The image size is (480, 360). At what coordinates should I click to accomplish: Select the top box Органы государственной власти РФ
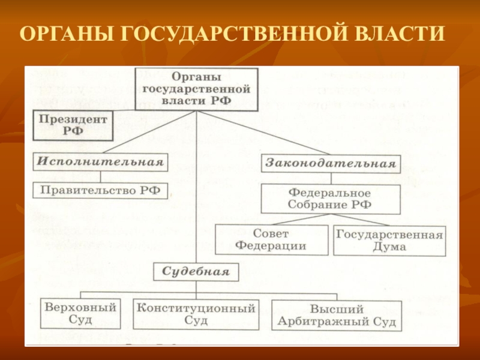pos(196,89)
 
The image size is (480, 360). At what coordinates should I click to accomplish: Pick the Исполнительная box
pos(100,162)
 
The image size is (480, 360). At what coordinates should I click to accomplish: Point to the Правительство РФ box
pos(100,191)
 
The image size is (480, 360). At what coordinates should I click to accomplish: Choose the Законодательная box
pos(330,163)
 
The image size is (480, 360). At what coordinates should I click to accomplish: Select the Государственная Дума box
pos(389,240)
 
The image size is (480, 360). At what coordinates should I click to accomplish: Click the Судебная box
pos(196,271)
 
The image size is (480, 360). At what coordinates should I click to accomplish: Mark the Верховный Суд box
pos(80,314)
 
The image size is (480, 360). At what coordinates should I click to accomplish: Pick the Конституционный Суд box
pos(196,314)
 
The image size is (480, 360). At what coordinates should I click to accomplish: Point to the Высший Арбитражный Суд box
pos(337,316)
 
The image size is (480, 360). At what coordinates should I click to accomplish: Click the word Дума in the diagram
pos(389,246)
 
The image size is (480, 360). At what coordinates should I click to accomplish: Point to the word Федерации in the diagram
pos(271,246)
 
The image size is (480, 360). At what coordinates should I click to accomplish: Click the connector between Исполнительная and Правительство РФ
pos(100,177)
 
